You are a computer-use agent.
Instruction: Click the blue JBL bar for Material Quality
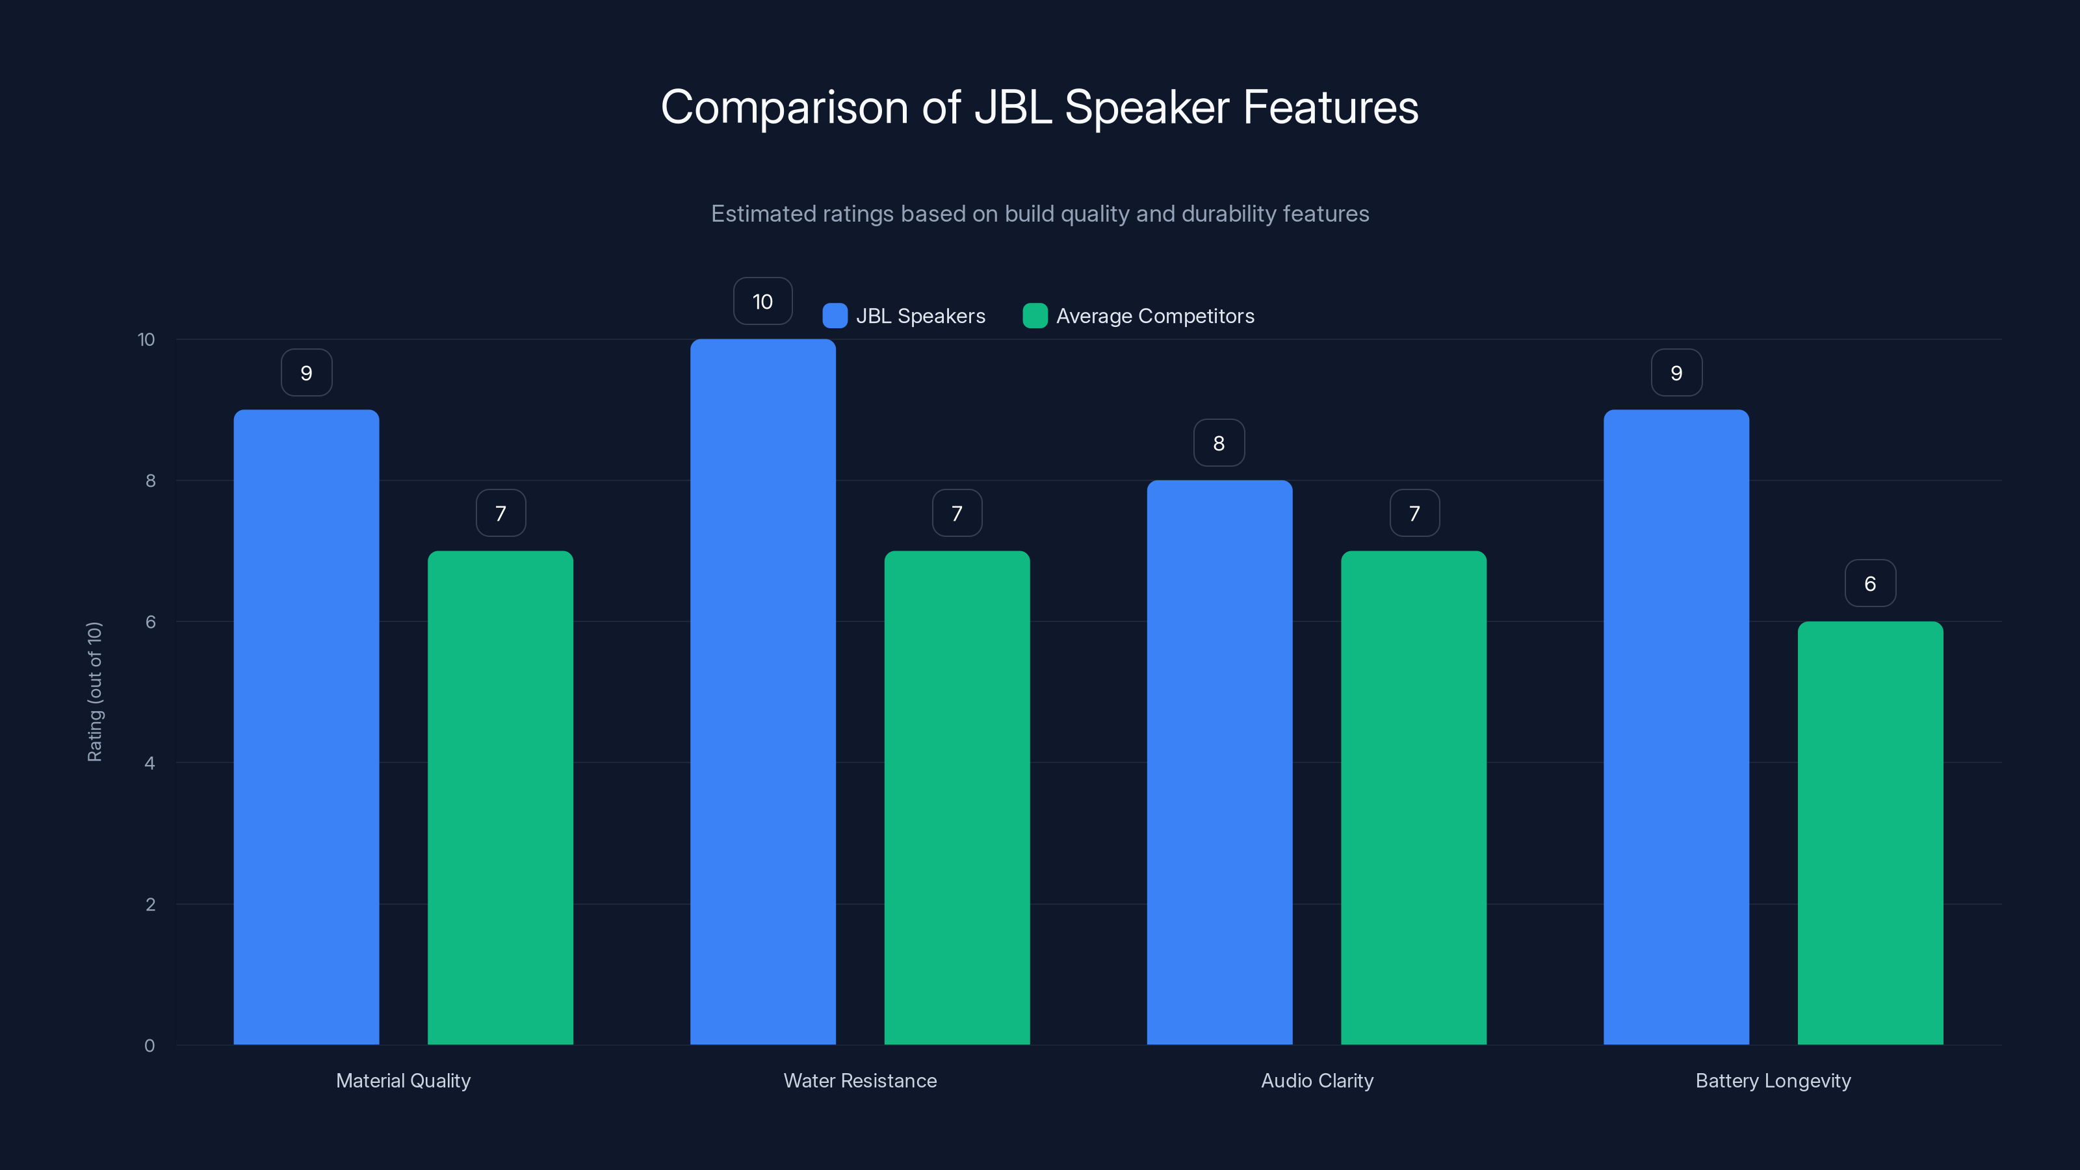[x=306, y=727]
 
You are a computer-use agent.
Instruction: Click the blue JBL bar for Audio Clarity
[x=1219, y=762]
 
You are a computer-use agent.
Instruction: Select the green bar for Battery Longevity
[x=1870, y=833]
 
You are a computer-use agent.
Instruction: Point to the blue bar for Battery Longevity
[x=1676, y=727]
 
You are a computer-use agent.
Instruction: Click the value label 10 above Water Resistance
[x=762, y=301]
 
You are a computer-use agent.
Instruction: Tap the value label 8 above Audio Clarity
[x=1219, y=443]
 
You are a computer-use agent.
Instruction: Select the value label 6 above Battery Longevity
[x=1870, y=583]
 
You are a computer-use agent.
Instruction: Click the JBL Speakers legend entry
[x=904, y=316]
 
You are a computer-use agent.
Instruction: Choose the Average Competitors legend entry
[x=1139, y=316]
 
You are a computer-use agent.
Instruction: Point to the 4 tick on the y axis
[x=149, y=763]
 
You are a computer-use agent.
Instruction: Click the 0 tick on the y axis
[x=149, y=1046]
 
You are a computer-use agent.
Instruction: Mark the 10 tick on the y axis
[x=146, y=339]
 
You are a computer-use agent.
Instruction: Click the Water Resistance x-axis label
[x=860, y=1080]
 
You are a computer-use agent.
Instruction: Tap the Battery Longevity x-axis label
[x=1773, y=1080]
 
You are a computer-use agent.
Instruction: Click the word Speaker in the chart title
[x=1147, y=107]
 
